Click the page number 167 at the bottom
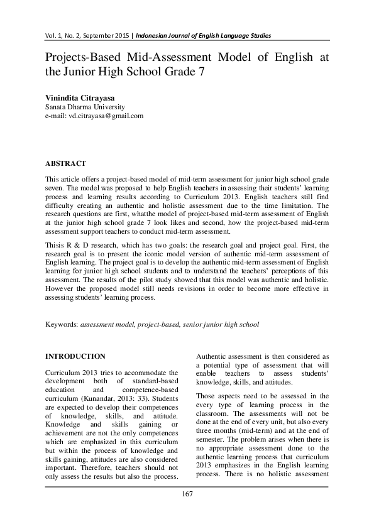(x=187, y=494)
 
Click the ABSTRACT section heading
(x=65, y=163)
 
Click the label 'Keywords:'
(x=62, y=325)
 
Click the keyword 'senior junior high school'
(x=221, y=325)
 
